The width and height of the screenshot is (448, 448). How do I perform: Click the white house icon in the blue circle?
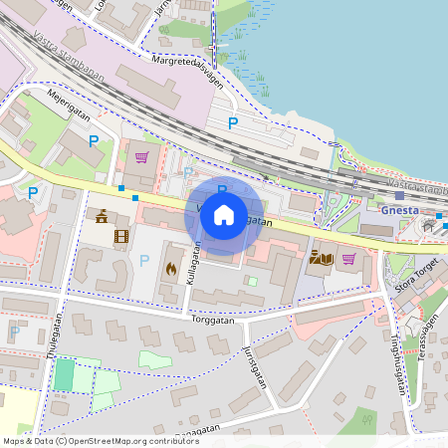tap(223, 214)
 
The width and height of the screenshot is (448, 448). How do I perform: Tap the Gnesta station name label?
tap(399, 210)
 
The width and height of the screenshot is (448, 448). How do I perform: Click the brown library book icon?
tap(322, 259)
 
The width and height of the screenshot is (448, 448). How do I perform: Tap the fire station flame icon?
tap(170, 268)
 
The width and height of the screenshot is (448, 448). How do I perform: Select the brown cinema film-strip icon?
tap(121, 236)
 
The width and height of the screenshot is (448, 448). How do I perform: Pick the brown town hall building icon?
tap(102, 216)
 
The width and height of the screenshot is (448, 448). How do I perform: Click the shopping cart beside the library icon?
tap(348, 259)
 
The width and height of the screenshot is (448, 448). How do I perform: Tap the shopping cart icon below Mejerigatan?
tap(141, 156)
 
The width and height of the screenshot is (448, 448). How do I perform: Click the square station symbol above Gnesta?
tap(399, 195)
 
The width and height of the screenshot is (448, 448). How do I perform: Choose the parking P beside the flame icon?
tap(144, 261)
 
